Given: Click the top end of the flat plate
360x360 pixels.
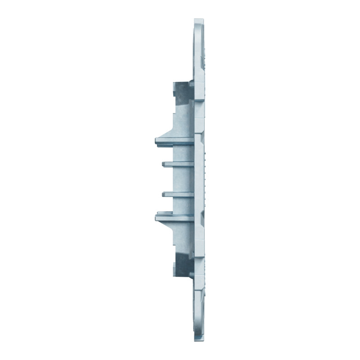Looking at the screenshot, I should [200, 21].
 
